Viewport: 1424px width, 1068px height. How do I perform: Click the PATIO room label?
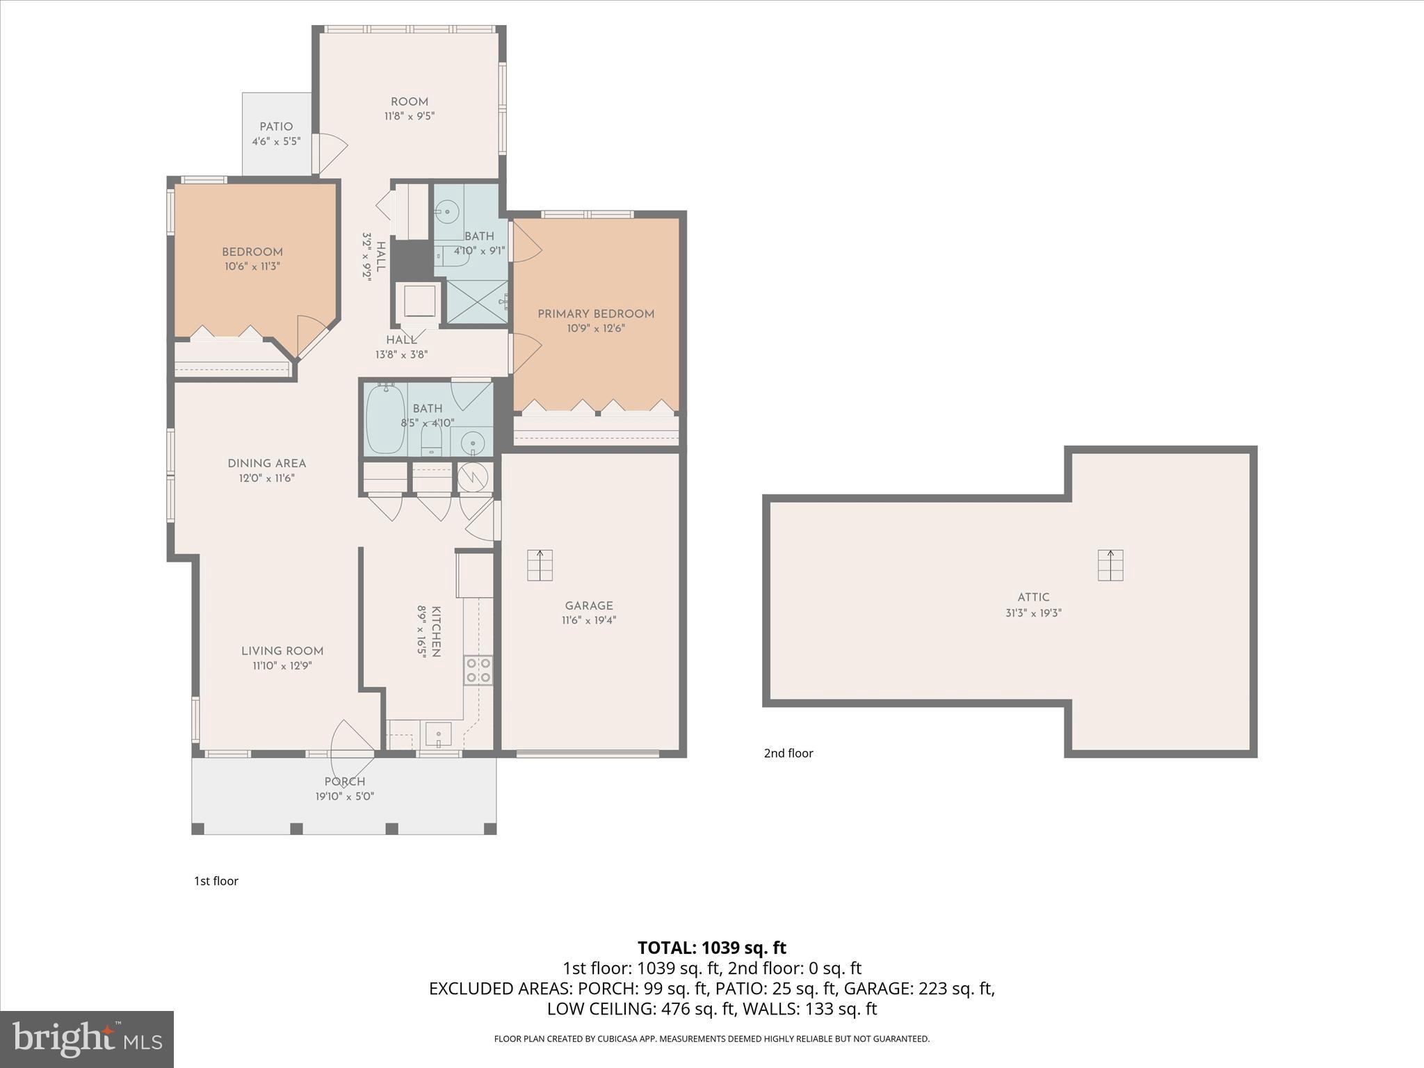click(x=276, y=127)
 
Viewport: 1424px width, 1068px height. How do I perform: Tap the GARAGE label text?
click(x=589, y=606)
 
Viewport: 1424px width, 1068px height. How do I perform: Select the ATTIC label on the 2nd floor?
click(x=1033, y=597)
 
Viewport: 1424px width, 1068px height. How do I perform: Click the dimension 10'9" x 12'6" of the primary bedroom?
click(x=596, y=328)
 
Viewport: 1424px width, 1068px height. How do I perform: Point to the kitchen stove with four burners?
click(x=478, y=670)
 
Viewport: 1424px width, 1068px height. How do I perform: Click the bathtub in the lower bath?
click(x=385, y=419)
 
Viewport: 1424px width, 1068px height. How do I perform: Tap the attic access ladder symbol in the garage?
click(x=540, y=565)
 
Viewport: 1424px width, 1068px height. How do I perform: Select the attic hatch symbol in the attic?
click(x=1110, y=565)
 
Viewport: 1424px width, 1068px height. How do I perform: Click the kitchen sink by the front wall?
click(x=439, y=734)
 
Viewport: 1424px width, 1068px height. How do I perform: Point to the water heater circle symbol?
click(x=473, y=477)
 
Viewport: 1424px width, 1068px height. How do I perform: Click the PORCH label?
click(x=345, y=782)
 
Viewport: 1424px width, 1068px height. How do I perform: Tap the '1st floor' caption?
click(x=216, y=881)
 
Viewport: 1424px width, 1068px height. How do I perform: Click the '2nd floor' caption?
click(x=788, y=753)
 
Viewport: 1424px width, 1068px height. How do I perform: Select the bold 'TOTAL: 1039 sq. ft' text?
click(x=711, y=948)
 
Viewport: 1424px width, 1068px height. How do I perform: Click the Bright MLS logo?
click(x=87, y=1039)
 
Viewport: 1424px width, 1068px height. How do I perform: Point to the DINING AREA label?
click(x=267, y=464)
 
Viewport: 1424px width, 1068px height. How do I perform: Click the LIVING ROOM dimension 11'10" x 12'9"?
click(x=282, y=666)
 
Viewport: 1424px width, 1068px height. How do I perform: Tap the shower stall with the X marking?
click(x=477, y=302)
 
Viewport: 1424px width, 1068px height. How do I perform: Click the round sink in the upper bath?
click(x=448, y=210)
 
